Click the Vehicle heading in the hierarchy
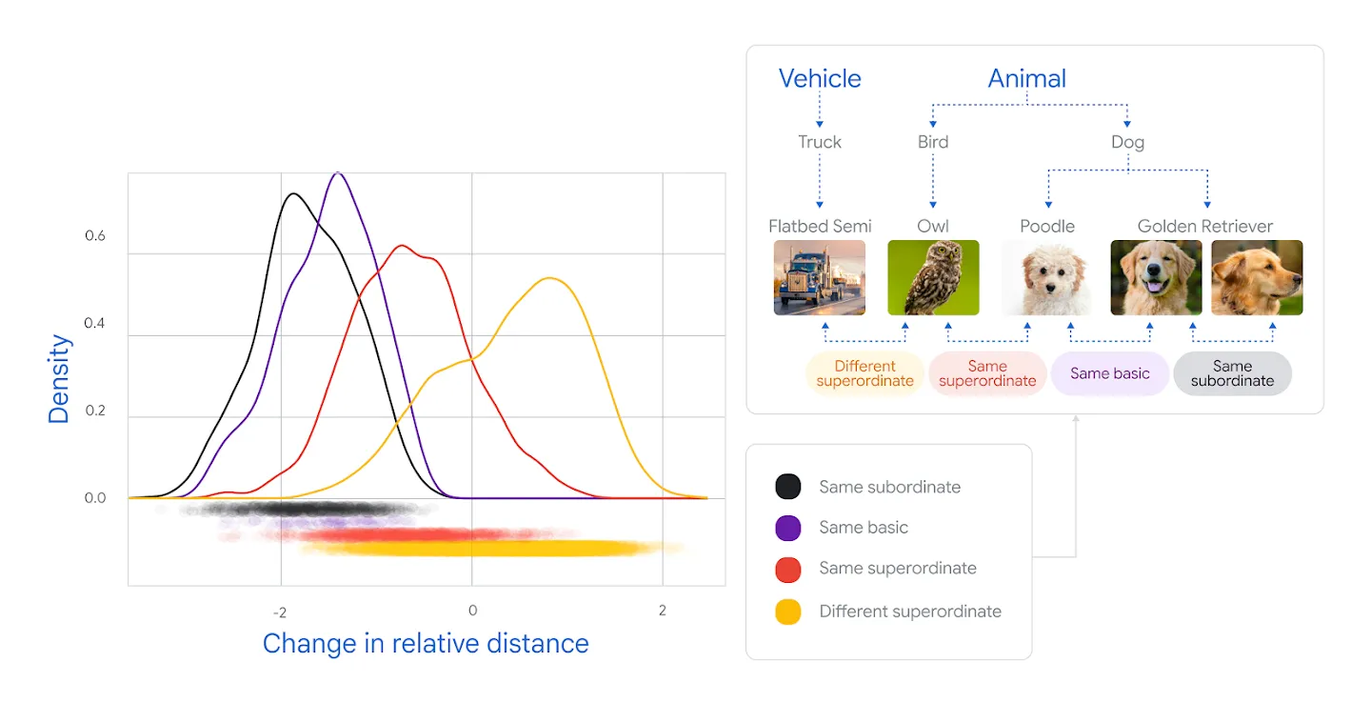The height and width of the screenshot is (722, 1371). [x=820, y=78]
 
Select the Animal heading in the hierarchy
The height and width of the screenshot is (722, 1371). [x=1027, y=78]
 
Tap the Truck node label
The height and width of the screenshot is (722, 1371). [x=820, y=142]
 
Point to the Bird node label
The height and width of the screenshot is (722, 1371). [x=933, y=142]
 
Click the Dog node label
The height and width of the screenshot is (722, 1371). [x=1127, y=142]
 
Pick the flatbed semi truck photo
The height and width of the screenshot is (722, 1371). [x=820, y=277]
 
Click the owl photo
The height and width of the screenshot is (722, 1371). [x=933, y=277]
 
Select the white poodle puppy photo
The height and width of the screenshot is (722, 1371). [x=1047, y=277]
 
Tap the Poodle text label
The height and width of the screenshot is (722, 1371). [x=1047, y=227]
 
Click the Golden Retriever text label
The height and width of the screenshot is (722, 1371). [x=1205, y=227]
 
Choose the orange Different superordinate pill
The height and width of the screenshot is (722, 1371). [x=864, y=373]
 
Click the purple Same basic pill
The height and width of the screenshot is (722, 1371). [x=1110, y=373]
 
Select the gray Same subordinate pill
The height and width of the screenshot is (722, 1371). [x=1232, y=373]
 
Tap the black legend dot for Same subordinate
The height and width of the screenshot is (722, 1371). [x=787, y=487]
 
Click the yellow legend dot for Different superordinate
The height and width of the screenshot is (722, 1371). [x=787, y=612]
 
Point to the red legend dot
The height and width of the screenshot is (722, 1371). [x=787, y=570]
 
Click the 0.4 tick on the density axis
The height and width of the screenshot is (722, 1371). [x=94, y=323]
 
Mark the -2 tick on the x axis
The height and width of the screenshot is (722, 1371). [x=280, y=612]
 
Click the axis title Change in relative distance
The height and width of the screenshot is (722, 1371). [x=426, y=644]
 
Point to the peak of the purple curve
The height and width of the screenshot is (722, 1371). [x=338, y=173]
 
